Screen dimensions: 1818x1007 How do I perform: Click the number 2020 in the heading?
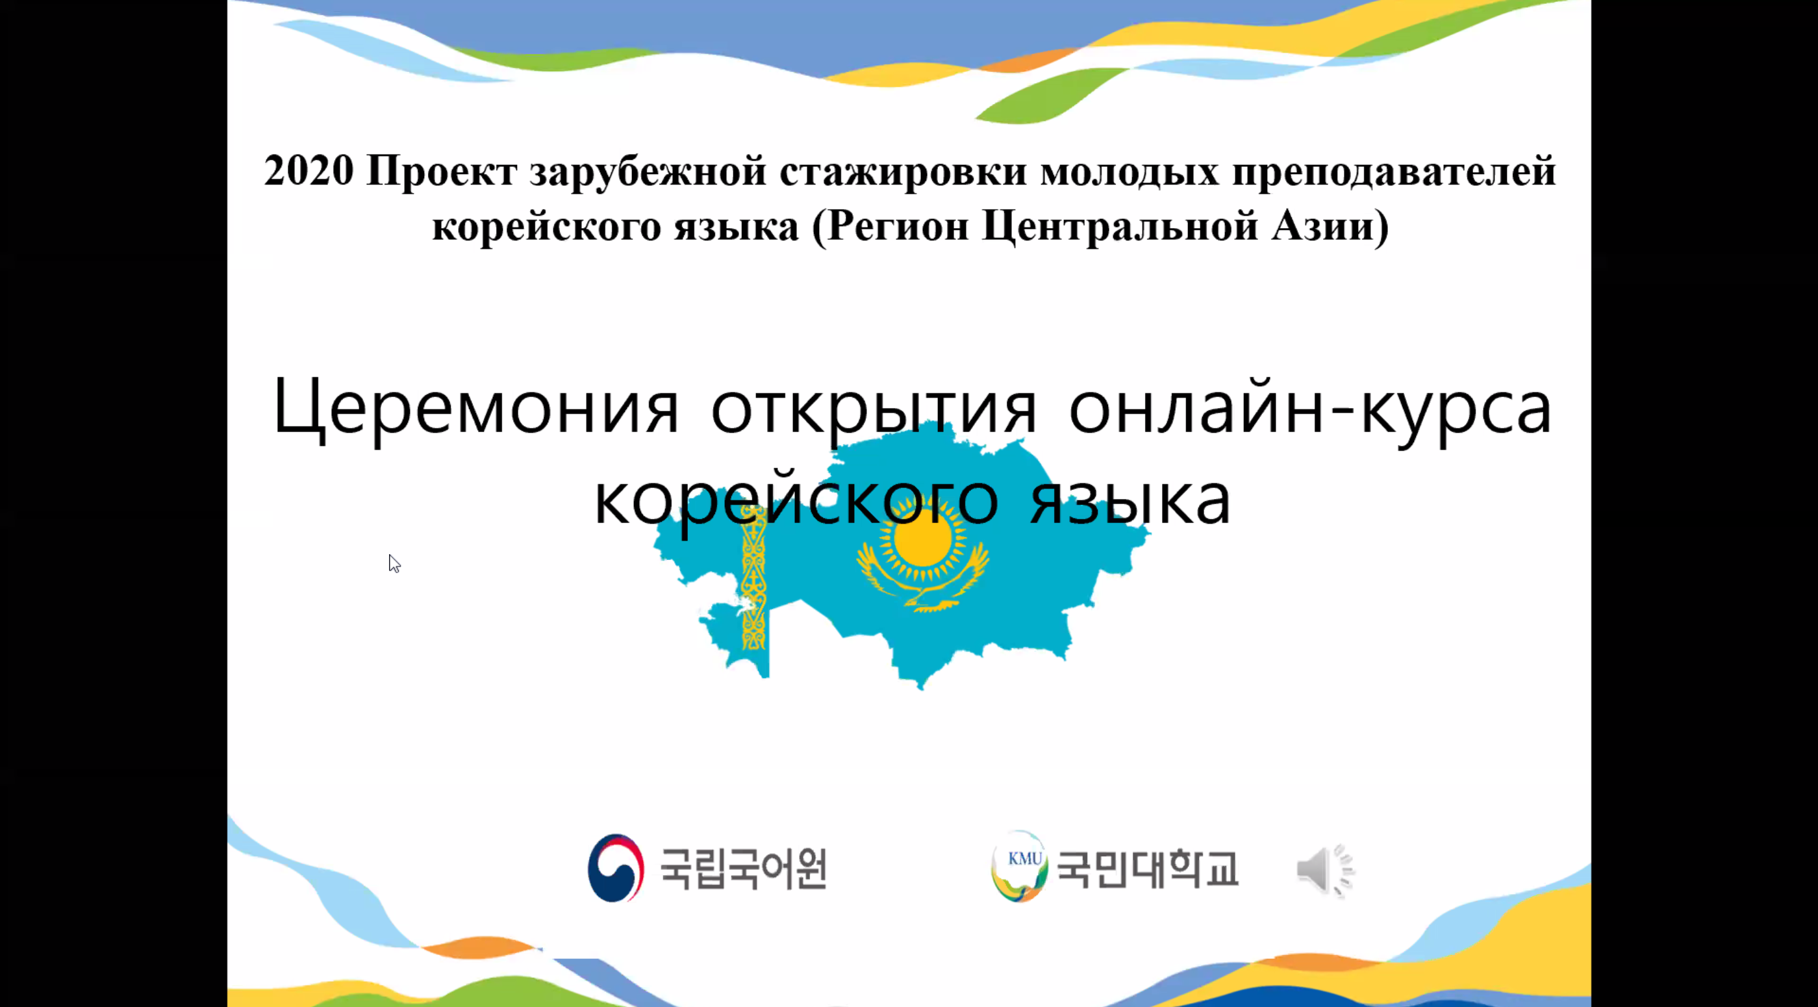[309, 171]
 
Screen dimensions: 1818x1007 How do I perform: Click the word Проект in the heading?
[442, 172]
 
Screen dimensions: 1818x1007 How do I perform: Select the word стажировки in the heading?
[903, 172]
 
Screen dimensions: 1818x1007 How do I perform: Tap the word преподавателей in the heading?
[1394, 172]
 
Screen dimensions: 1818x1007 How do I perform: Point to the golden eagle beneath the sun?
[923, 578]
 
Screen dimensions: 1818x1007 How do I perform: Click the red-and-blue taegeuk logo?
[616, 868]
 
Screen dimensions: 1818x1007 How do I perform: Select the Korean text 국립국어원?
[743, 868]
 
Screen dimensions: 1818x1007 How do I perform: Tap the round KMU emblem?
[1019, 867]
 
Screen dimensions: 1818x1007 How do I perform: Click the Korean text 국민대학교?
[1147, 869]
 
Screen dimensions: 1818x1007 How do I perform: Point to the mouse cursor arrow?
[394, 563]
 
